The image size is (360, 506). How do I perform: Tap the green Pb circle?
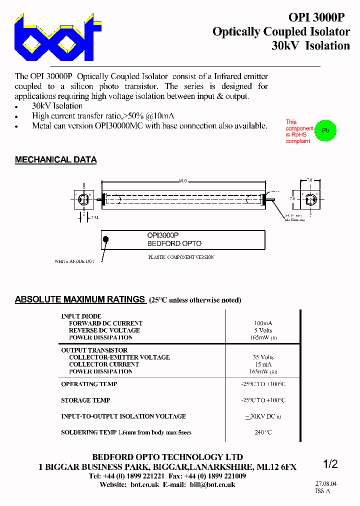(325, 130)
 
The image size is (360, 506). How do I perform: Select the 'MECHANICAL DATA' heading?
(55, 160)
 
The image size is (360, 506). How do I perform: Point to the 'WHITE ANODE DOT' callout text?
(74, 261)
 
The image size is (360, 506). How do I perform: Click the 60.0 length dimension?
(182, 181)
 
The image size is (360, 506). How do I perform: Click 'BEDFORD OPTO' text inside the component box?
(174, 243)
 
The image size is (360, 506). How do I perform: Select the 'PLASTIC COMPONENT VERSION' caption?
(181, 257)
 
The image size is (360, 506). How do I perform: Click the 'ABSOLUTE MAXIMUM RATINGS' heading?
(80, 300)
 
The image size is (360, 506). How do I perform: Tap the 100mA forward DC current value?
(263, 323)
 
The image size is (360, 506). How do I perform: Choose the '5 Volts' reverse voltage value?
(263, 330)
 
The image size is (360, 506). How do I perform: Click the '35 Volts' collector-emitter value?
(263, 357)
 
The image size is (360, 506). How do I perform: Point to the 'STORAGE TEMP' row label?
(85, 400)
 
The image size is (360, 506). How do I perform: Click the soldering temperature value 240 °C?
(263, 432)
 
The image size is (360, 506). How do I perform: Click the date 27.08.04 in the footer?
(326, 484)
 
